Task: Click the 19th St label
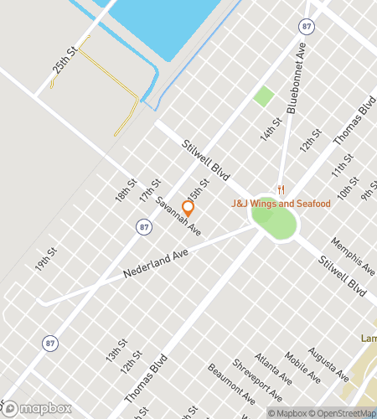46,259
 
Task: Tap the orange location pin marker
188,208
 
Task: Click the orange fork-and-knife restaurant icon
282,189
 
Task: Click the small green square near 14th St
264,96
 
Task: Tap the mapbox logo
37,408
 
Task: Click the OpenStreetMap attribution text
343,412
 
